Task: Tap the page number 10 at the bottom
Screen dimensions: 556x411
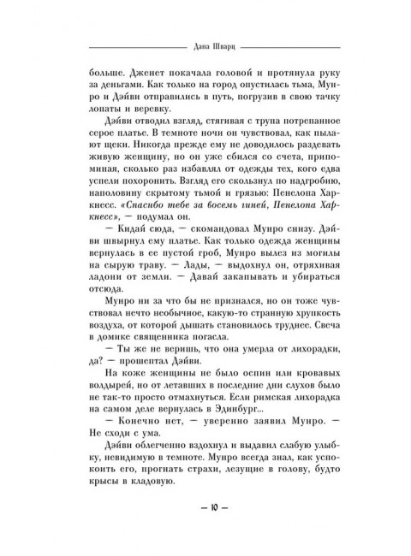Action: coord(205,508)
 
